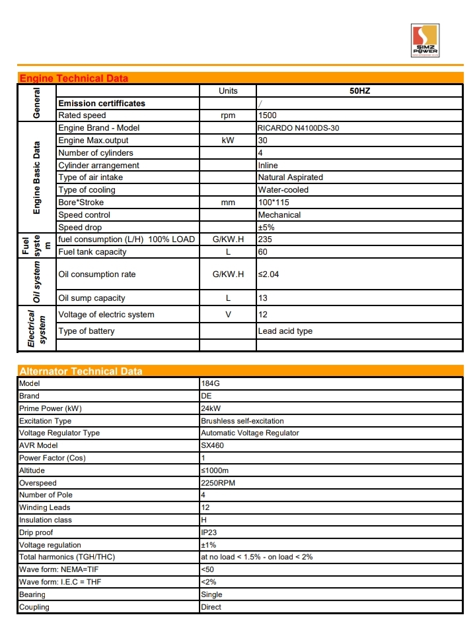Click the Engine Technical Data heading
[73, 79]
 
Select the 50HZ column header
[359, 91]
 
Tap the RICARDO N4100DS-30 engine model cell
[298, 128]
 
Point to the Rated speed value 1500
[267, 115]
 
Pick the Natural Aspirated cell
[290, 177]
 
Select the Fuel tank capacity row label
[92, 252]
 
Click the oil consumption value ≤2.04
[268, 274]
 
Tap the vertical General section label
[36, 103]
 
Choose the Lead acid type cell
[285, 331]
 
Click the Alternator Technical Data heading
[81, 371]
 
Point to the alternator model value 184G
[210, 383]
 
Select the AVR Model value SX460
[211, 445]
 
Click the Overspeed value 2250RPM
[217, 483]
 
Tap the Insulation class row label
[44, 520]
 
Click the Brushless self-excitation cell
[242, 421]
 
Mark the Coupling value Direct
[211, 607]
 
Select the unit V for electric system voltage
[228, 315]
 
